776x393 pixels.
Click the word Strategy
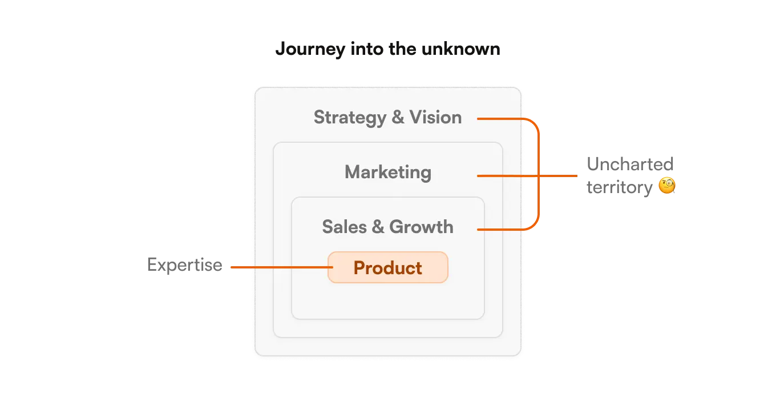coord(350,118)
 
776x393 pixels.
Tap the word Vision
coord(436,118)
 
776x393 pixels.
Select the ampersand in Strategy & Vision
coord(398,118)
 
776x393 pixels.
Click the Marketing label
coord(388,172)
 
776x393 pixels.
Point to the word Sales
coord(344,227)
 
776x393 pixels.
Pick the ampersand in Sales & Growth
coord(378,227)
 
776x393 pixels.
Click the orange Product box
coord(388,267)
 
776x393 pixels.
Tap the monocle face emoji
coord(666,186)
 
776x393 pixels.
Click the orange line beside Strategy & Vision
coord(502,119)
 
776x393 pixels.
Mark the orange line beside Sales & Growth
coord(502,230)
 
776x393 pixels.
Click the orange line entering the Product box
coord(280,267)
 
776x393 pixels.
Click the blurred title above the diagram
coord(388,50)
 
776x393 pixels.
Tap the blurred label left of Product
coord(185,266)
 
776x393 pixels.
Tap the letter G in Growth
coord(395,227)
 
